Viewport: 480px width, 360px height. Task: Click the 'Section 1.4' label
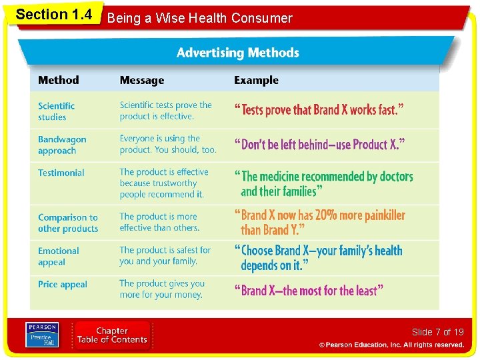(x=54, y=15)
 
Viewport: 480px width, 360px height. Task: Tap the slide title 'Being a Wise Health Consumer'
(x=200, y=18)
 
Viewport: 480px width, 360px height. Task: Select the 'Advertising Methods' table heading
(x=237, y=53)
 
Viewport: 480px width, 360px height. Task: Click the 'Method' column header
(x=59, y=80)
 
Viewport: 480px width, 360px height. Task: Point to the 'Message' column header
(x=142, y=81)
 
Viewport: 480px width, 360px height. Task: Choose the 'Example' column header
(x=256, y=81)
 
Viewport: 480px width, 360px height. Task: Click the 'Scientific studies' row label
(x=57, y=111)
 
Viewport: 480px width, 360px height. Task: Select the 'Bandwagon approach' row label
(x=62, y=145)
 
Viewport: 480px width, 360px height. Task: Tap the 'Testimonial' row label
(x=61, y=173)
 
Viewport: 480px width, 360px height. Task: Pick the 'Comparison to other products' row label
(x=68, y=223)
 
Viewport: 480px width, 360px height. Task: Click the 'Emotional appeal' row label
(x=59, y=257)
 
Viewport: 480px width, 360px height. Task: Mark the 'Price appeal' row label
(x=63, y=285)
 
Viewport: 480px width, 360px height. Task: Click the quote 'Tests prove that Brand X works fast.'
(x=319, y=110)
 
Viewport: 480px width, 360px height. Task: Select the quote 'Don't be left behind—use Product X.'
(x=319, y=144)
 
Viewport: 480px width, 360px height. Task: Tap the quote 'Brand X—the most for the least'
(x=309, y=290)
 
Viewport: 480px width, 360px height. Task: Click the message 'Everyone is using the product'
(x=168, y=144)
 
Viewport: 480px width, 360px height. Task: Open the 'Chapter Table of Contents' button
(x=112, y=335)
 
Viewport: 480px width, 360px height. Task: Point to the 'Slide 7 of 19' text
(x=437, y=332)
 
